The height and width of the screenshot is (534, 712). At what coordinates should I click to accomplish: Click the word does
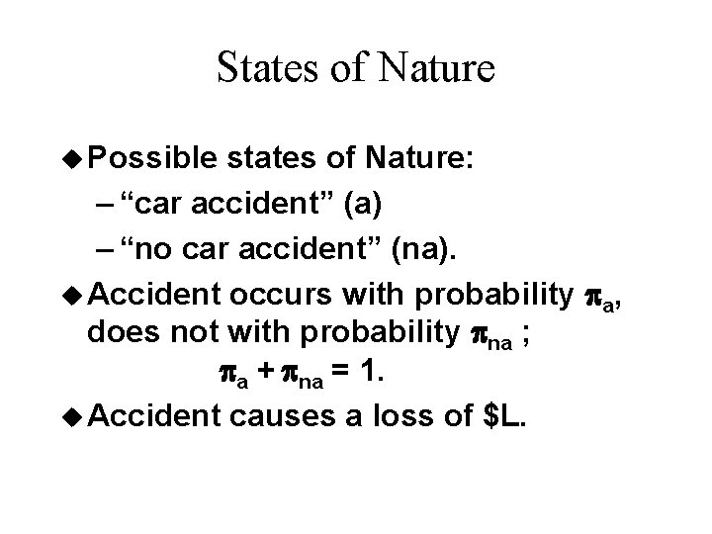coord(121,334)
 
